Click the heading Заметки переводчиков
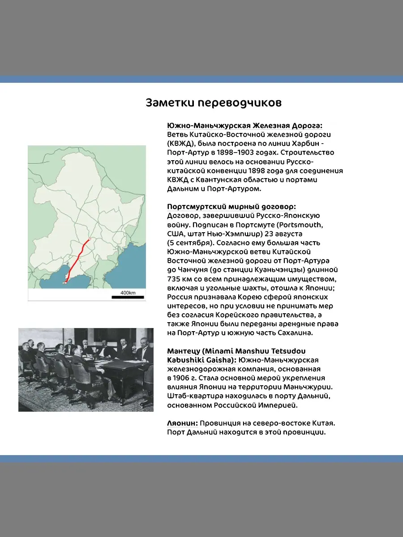214,103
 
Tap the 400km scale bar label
128,293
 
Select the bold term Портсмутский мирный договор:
232,207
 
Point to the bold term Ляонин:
183,423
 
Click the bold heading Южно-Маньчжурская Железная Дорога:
244,126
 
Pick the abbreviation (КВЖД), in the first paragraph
182,144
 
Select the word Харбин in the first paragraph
305,144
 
